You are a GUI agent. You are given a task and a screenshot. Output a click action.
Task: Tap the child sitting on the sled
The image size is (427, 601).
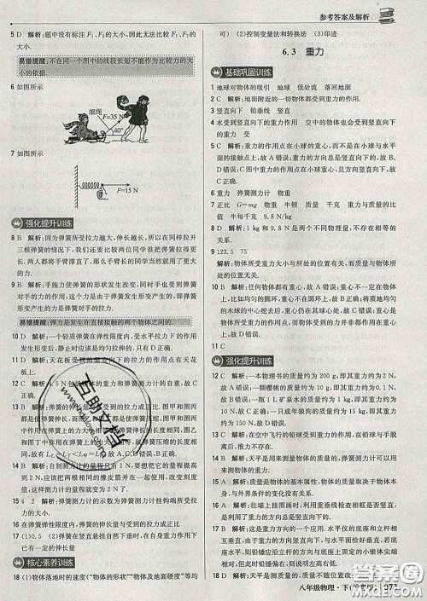(68, 131)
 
